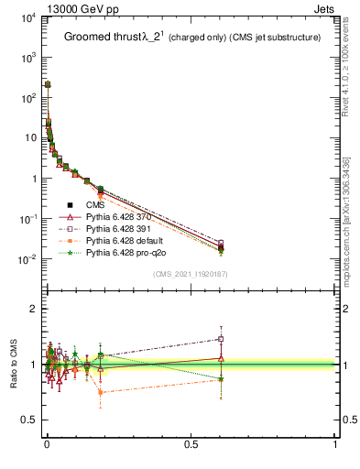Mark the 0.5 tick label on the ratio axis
26,420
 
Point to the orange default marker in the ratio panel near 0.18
101,392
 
